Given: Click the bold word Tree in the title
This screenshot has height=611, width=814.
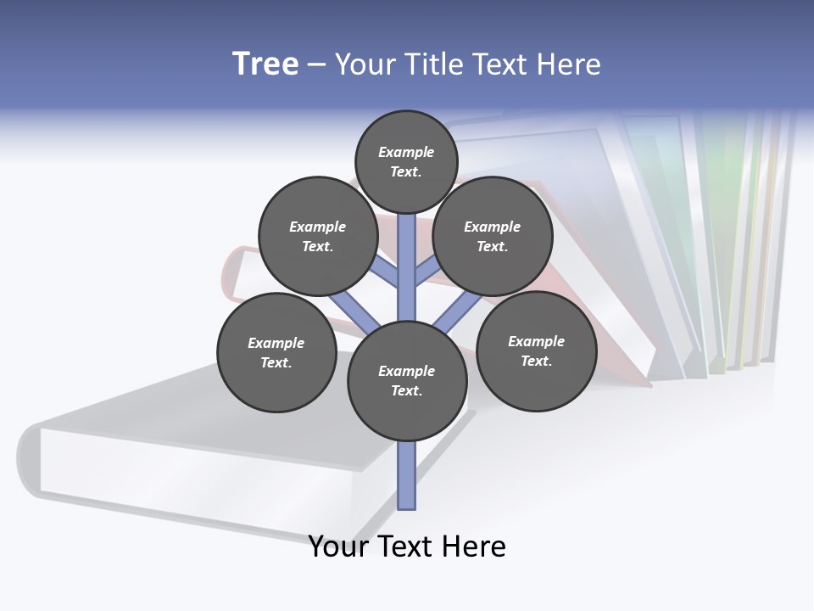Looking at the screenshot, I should click(265, 64).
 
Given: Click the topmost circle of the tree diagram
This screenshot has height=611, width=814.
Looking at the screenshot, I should click(406, 161).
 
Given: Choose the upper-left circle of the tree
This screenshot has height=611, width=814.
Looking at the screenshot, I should click(318, 236).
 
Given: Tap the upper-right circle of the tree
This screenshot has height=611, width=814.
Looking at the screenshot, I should click(493, 236).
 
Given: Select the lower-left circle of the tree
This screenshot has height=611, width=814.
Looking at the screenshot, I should click(276, 352).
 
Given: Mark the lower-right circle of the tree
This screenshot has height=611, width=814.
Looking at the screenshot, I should click(536, 350).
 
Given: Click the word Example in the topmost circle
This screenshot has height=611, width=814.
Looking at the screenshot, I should click(406, 152).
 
